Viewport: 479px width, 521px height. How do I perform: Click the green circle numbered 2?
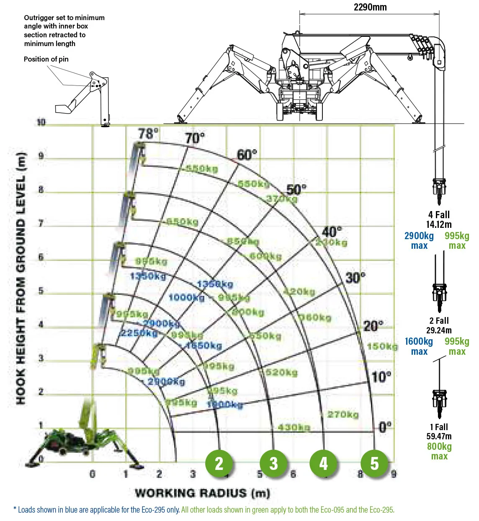(x=219, y=463)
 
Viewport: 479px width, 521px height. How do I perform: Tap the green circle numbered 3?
(x=273, y=463)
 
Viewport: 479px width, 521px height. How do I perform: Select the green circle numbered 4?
(x=323, y=463)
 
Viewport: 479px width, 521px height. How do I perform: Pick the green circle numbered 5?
(x=374, y=463)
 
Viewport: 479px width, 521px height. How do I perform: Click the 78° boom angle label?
(x=149, y=134)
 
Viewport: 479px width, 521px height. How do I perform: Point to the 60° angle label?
(x=247, y=155)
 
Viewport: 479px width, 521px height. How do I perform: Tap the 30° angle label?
(x=355, y=277)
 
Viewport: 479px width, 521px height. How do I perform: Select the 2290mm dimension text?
(x=370, y=7)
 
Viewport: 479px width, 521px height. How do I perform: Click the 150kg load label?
(x=382, y=346)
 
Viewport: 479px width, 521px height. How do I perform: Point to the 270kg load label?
(x=343, y=415)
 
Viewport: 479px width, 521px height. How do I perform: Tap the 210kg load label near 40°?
(x=332, y=242)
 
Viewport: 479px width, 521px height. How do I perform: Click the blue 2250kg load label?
(x=139, y=333)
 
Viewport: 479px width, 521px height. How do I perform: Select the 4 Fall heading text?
(x=439, y=215)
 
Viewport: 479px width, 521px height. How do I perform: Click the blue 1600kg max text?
(x=419, y=346)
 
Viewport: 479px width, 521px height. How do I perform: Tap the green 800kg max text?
(x=439, y=451)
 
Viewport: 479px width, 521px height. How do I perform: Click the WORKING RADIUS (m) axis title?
(x=203, y=493)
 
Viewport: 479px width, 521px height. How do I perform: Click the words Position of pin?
(x=46, y=59)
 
